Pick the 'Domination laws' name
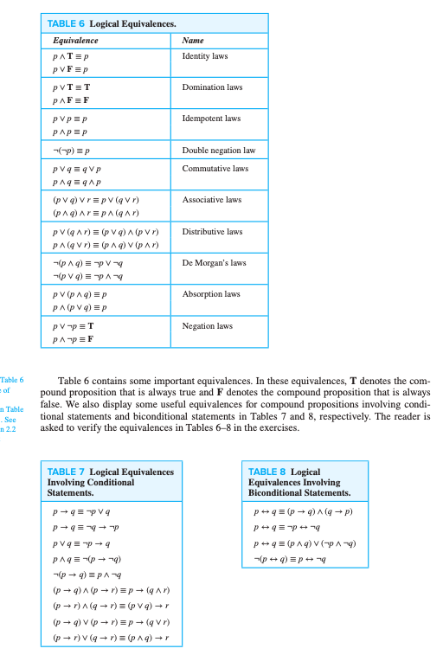click(x=212, y=87)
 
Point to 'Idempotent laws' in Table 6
click(x=211, y=119)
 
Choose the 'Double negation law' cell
click(x=218, y=150)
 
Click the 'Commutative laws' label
click(x=214, y=169)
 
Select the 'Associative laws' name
click(x=211, y=200)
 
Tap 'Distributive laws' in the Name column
click(x=212, y=232)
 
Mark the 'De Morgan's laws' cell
click(x=214, y=263)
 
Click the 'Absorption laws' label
click(x=210, y=294)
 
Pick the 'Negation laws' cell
click(x=207, y=326)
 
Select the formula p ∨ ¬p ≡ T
click(x=73, y=326)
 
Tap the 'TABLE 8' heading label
click(x=267, y=472)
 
